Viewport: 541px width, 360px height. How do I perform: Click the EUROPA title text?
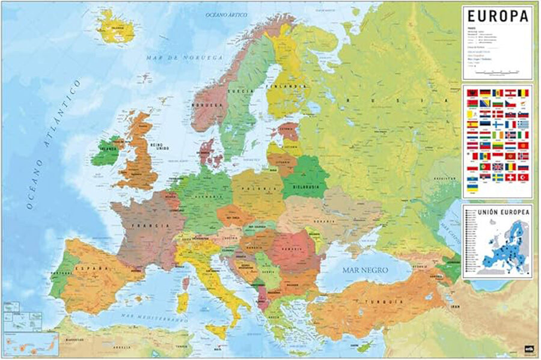[x=498, y=16]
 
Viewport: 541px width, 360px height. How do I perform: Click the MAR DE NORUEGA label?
[x=176, y=58]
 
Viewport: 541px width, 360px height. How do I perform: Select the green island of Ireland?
[x=106, y=151]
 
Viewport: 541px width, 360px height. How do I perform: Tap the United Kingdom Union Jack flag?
[x=497, y=166]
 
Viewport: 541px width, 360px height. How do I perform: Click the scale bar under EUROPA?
[x=497, y=72]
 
